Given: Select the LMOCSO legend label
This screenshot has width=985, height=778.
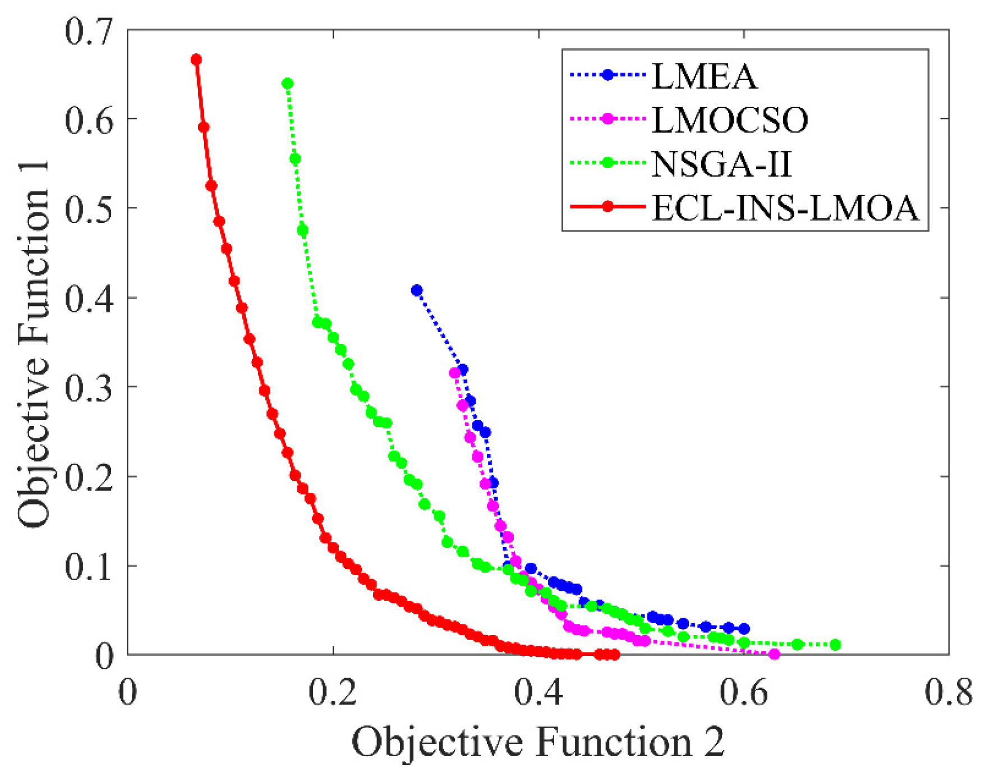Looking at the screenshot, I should pos(730,119).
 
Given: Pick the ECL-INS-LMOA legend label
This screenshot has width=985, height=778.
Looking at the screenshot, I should pos(785,208).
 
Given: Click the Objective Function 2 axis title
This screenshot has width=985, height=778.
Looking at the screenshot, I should pos(538,742).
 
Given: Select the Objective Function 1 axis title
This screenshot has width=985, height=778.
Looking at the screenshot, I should pos(34,343).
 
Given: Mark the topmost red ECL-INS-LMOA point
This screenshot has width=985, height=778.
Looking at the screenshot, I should pos(196,59).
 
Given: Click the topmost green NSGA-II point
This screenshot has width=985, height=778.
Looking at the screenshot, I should pos(288,84).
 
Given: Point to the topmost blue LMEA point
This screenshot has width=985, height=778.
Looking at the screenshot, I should pos(417,290).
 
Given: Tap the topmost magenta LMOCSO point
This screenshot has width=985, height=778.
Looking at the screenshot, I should pos(455,373).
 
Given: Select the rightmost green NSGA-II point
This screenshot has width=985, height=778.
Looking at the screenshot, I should pos(835,645).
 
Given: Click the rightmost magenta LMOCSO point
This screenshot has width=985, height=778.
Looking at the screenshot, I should pos(774,654).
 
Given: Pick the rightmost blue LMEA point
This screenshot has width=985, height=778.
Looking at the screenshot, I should pos(744,629).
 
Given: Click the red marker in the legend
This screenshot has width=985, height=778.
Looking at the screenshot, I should pos(607,207).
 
